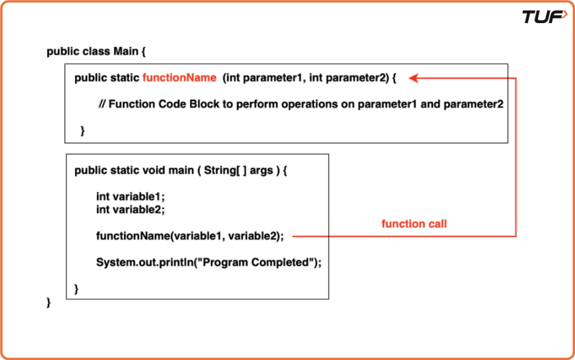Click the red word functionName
(179, 78)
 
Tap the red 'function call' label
(414, 224)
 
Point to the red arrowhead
(413, 78)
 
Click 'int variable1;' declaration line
(130, 197)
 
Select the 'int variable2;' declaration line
(130, 209)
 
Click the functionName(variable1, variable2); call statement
(190, 236)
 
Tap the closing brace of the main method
(77, 288)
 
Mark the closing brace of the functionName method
(82, 130)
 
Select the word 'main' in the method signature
(181, 170)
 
